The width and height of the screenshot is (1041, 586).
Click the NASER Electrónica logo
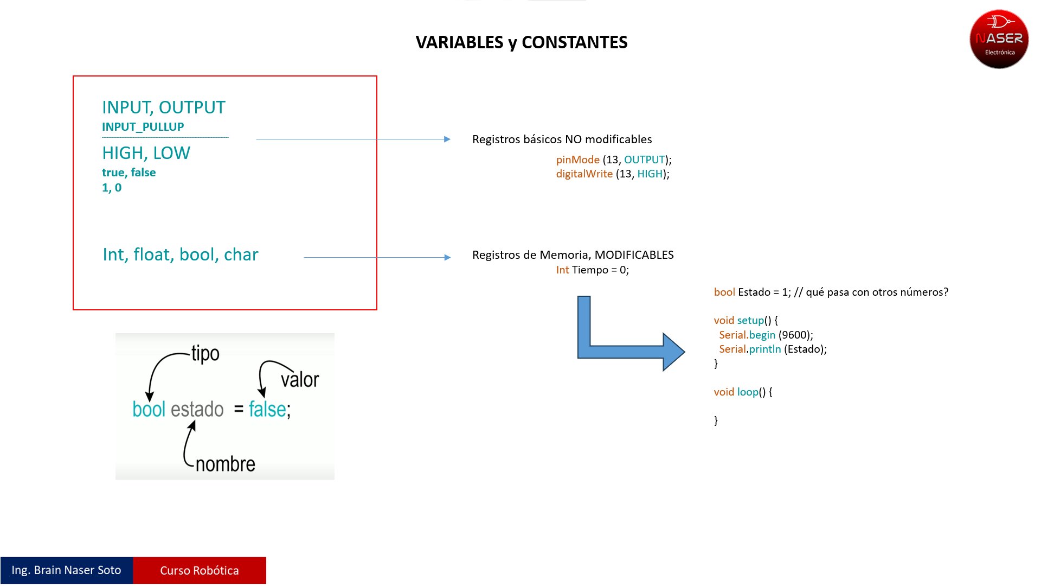999,39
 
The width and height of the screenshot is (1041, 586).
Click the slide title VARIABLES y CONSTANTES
522,42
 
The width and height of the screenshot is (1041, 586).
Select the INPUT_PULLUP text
143,127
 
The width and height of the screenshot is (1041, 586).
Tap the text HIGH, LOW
146,153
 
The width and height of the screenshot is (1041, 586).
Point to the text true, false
129,173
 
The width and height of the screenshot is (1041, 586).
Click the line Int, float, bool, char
181,254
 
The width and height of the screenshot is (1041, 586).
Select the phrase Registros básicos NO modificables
562,139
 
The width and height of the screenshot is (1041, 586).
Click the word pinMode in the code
578,160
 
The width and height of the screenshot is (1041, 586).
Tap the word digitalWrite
584,174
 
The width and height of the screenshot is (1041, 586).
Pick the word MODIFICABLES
634,255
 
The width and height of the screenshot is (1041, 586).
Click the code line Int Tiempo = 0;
593,270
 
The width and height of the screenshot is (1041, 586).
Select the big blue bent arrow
631,334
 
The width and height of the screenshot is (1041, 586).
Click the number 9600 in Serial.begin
794,335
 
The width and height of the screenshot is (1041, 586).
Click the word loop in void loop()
748,392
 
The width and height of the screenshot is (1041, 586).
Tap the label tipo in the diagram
205,354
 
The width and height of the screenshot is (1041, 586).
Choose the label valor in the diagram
300,379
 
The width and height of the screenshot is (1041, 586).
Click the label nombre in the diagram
226,464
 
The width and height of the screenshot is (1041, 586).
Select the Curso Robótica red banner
200,570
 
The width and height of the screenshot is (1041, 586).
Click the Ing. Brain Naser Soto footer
67,570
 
